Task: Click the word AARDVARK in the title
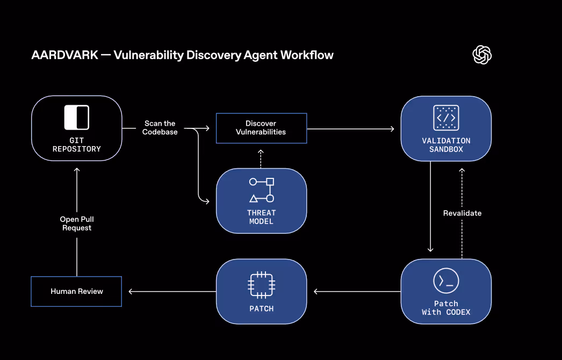point(64,55)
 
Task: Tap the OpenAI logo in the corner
point(482,54)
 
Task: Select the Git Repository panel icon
point(77,118)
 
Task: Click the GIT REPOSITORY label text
point(77,145)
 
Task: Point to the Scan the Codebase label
point(160,128)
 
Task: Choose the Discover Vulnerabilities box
point(261,128)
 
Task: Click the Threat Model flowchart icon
point(261,190)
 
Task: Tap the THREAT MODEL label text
point(261,217)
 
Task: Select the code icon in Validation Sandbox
point(446,118)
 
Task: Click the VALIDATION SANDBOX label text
point(446,145)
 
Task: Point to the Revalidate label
point(462,213)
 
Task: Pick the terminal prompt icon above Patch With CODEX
point(446,280)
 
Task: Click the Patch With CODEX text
point(446,308)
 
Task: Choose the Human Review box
point(76,291)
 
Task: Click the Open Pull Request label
point(76,224)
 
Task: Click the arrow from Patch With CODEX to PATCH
point(357,292)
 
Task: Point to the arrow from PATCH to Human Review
point(172,292)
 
